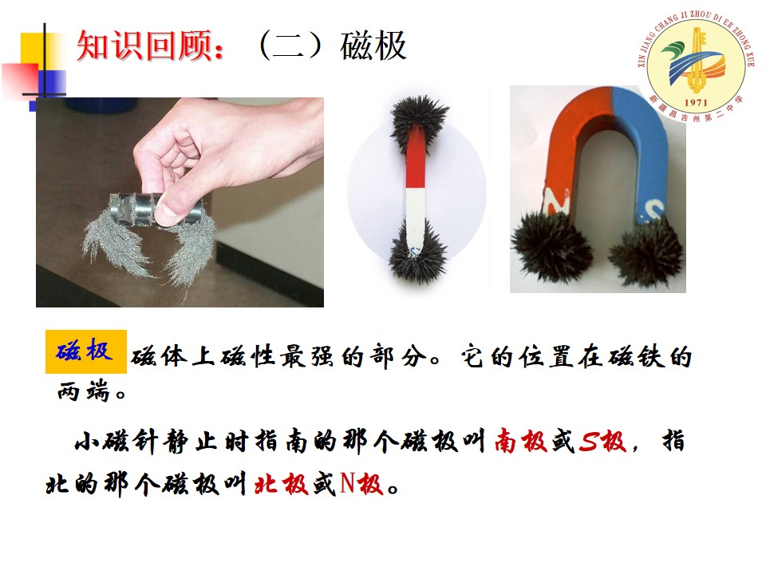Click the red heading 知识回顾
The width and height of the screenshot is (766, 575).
click(144, 46)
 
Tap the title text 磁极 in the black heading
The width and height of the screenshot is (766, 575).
click(373, 46)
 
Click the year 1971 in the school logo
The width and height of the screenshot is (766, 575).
click(695, 102)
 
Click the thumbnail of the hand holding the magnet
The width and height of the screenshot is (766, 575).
click(180, 202)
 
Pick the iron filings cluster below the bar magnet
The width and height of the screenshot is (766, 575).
click(417, 252)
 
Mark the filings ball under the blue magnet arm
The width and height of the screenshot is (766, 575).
click(646, 252)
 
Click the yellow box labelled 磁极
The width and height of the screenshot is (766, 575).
click(86, 351)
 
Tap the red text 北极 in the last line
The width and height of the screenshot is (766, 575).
click(281, 484)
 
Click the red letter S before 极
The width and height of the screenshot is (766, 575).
click(589, 441)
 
